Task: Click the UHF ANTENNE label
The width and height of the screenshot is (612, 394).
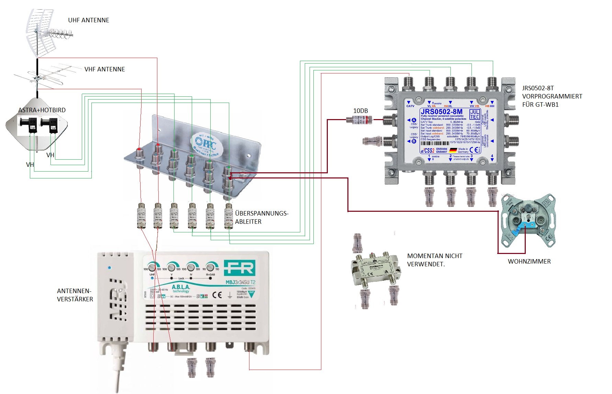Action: (x=89, y=20)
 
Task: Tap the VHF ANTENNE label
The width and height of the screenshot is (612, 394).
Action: (x=104, y=69)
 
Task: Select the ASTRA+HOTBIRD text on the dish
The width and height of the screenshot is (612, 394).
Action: (x=42, y=110)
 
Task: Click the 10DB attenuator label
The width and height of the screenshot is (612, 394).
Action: (x=360, y=111)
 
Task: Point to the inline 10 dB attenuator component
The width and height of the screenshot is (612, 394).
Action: (x=359, y=120)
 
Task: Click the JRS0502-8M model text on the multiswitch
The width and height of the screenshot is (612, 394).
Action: (x=442, y=112)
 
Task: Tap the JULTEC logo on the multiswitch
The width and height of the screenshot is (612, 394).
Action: (x=475, y=114)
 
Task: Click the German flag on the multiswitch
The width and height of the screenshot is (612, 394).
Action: (x=453, y=150)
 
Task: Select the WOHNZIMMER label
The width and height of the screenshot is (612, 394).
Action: (x=529, y=262)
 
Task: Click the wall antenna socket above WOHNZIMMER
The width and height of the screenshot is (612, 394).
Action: (x=527, y=220)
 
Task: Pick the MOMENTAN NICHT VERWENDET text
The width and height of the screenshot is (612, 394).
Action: (x=435, y=260)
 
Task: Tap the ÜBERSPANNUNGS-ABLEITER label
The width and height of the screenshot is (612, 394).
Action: (x=262, y=217)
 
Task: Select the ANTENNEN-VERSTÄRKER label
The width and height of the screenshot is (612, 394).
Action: (x=75, y=295)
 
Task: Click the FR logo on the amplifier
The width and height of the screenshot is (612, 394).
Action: (x=240, y=268)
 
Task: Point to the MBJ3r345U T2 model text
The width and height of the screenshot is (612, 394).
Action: (x=240, y=282)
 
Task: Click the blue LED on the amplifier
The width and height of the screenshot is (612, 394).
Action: (x=109, y=268)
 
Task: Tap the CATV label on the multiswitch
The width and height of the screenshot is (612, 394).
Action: (x=410, y=106)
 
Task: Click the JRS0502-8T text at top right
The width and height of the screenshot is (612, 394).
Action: (x=538, y=88)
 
